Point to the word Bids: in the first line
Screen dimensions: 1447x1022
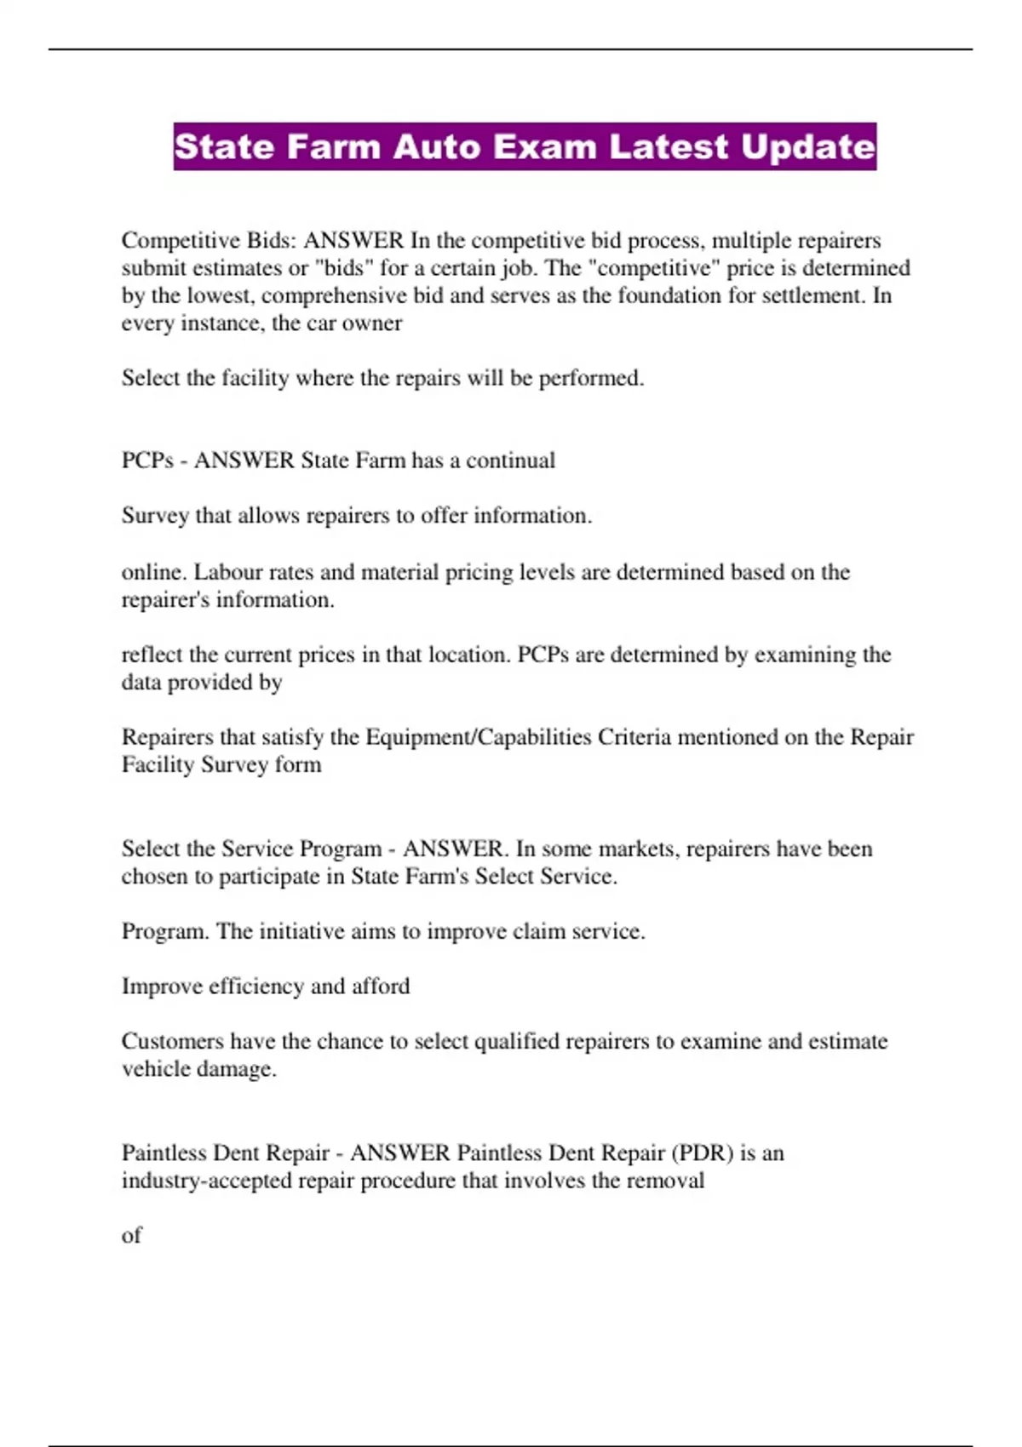272,241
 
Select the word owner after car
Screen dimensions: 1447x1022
372,323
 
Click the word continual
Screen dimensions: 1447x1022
510,460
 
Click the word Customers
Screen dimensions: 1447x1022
173,1041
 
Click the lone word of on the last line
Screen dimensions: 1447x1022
131,1235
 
